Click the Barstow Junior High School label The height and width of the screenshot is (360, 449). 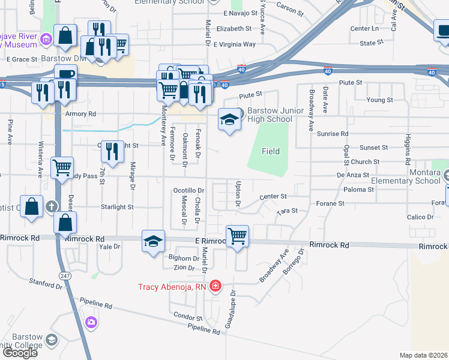pyautogui.click(x=270, y=115)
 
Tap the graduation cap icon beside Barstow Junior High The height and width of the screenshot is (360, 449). pyautogui.click(x=229, y=119)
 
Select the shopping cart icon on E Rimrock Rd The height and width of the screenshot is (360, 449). pyautogui.click(x=238, y=236)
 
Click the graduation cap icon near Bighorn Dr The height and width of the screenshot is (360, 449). pyautogui.click(x=154, y=241)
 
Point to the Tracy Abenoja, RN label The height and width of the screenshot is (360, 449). pyautogui.click(x=172, y=287)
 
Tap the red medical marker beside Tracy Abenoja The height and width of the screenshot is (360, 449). pyautogui.click(x=215, y=286)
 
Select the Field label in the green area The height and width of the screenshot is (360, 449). pyautogui.click(x=271, y=152)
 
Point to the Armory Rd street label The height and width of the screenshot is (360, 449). pyautogui.click(x=83, y=114)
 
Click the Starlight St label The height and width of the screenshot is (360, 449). pyautogui.click(x=117, y=207)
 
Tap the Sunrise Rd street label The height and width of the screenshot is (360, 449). pyautogui.click(x=333, y=134)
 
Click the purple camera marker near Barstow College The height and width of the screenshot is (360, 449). pyautogui.click(x=91, y=323)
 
